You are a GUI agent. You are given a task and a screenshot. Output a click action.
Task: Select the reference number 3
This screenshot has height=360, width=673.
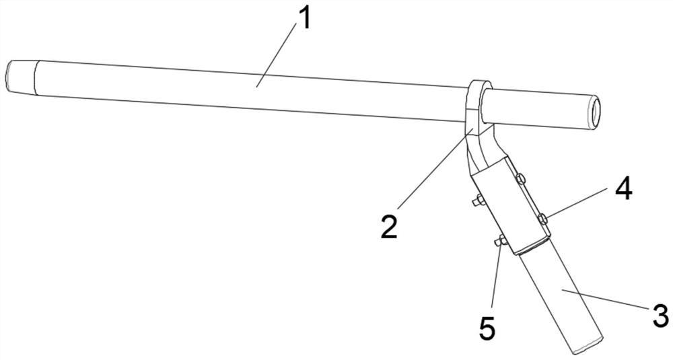(x=659, y=314)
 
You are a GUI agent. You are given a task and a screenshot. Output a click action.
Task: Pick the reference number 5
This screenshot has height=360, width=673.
(x=487, y=329)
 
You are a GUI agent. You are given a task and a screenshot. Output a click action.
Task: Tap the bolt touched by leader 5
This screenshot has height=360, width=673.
(x=500, y=242)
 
